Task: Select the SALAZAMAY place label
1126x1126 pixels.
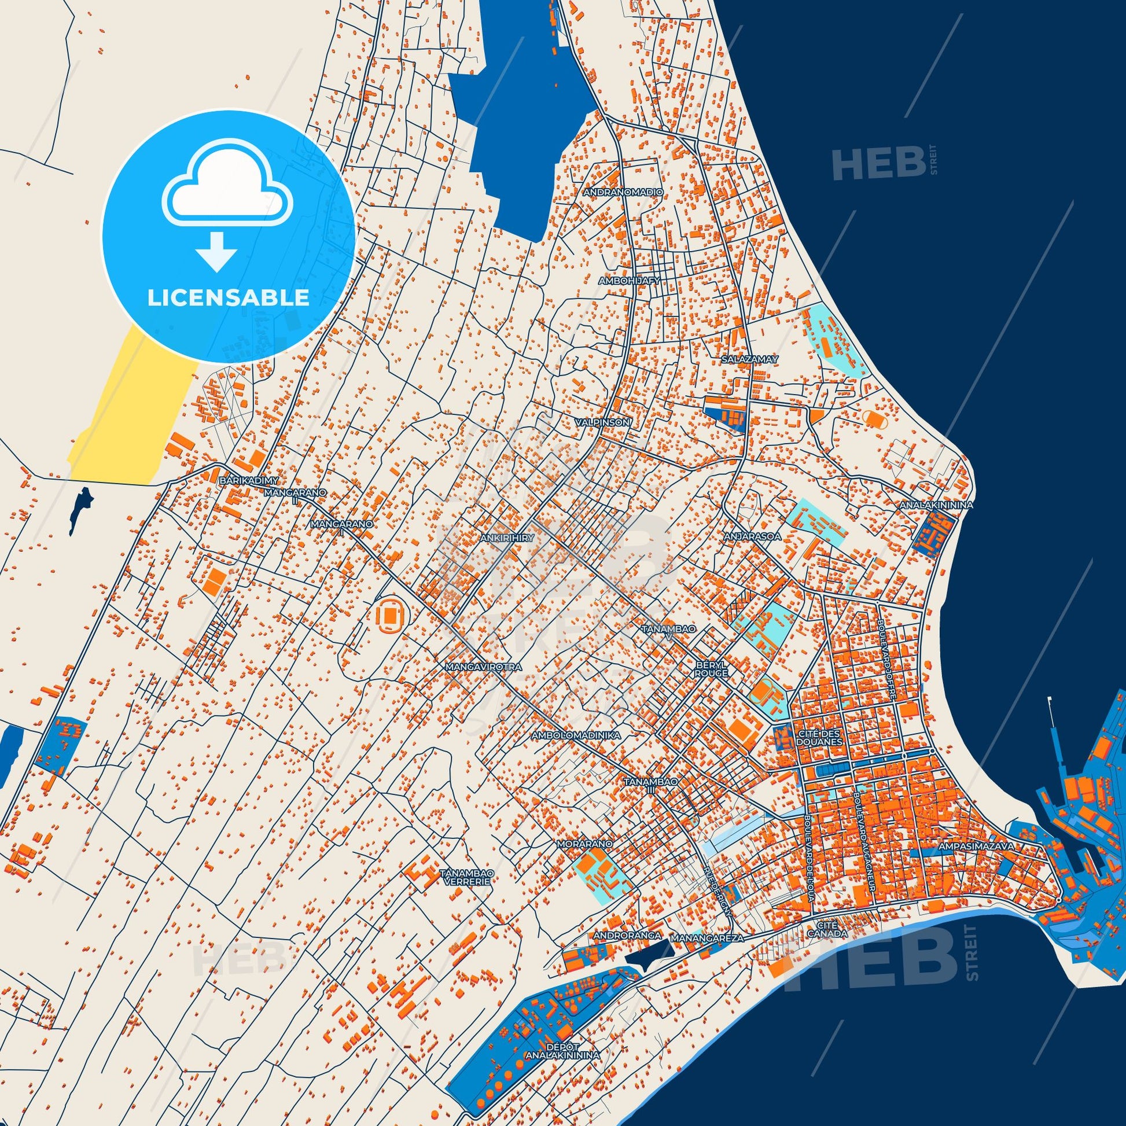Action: coord(749,359)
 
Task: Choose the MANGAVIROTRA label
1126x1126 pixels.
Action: coord(483,666)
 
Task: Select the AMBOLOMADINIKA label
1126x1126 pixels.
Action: coord(575,736)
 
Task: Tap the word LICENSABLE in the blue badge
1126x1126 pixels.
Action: coord(228,297)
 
